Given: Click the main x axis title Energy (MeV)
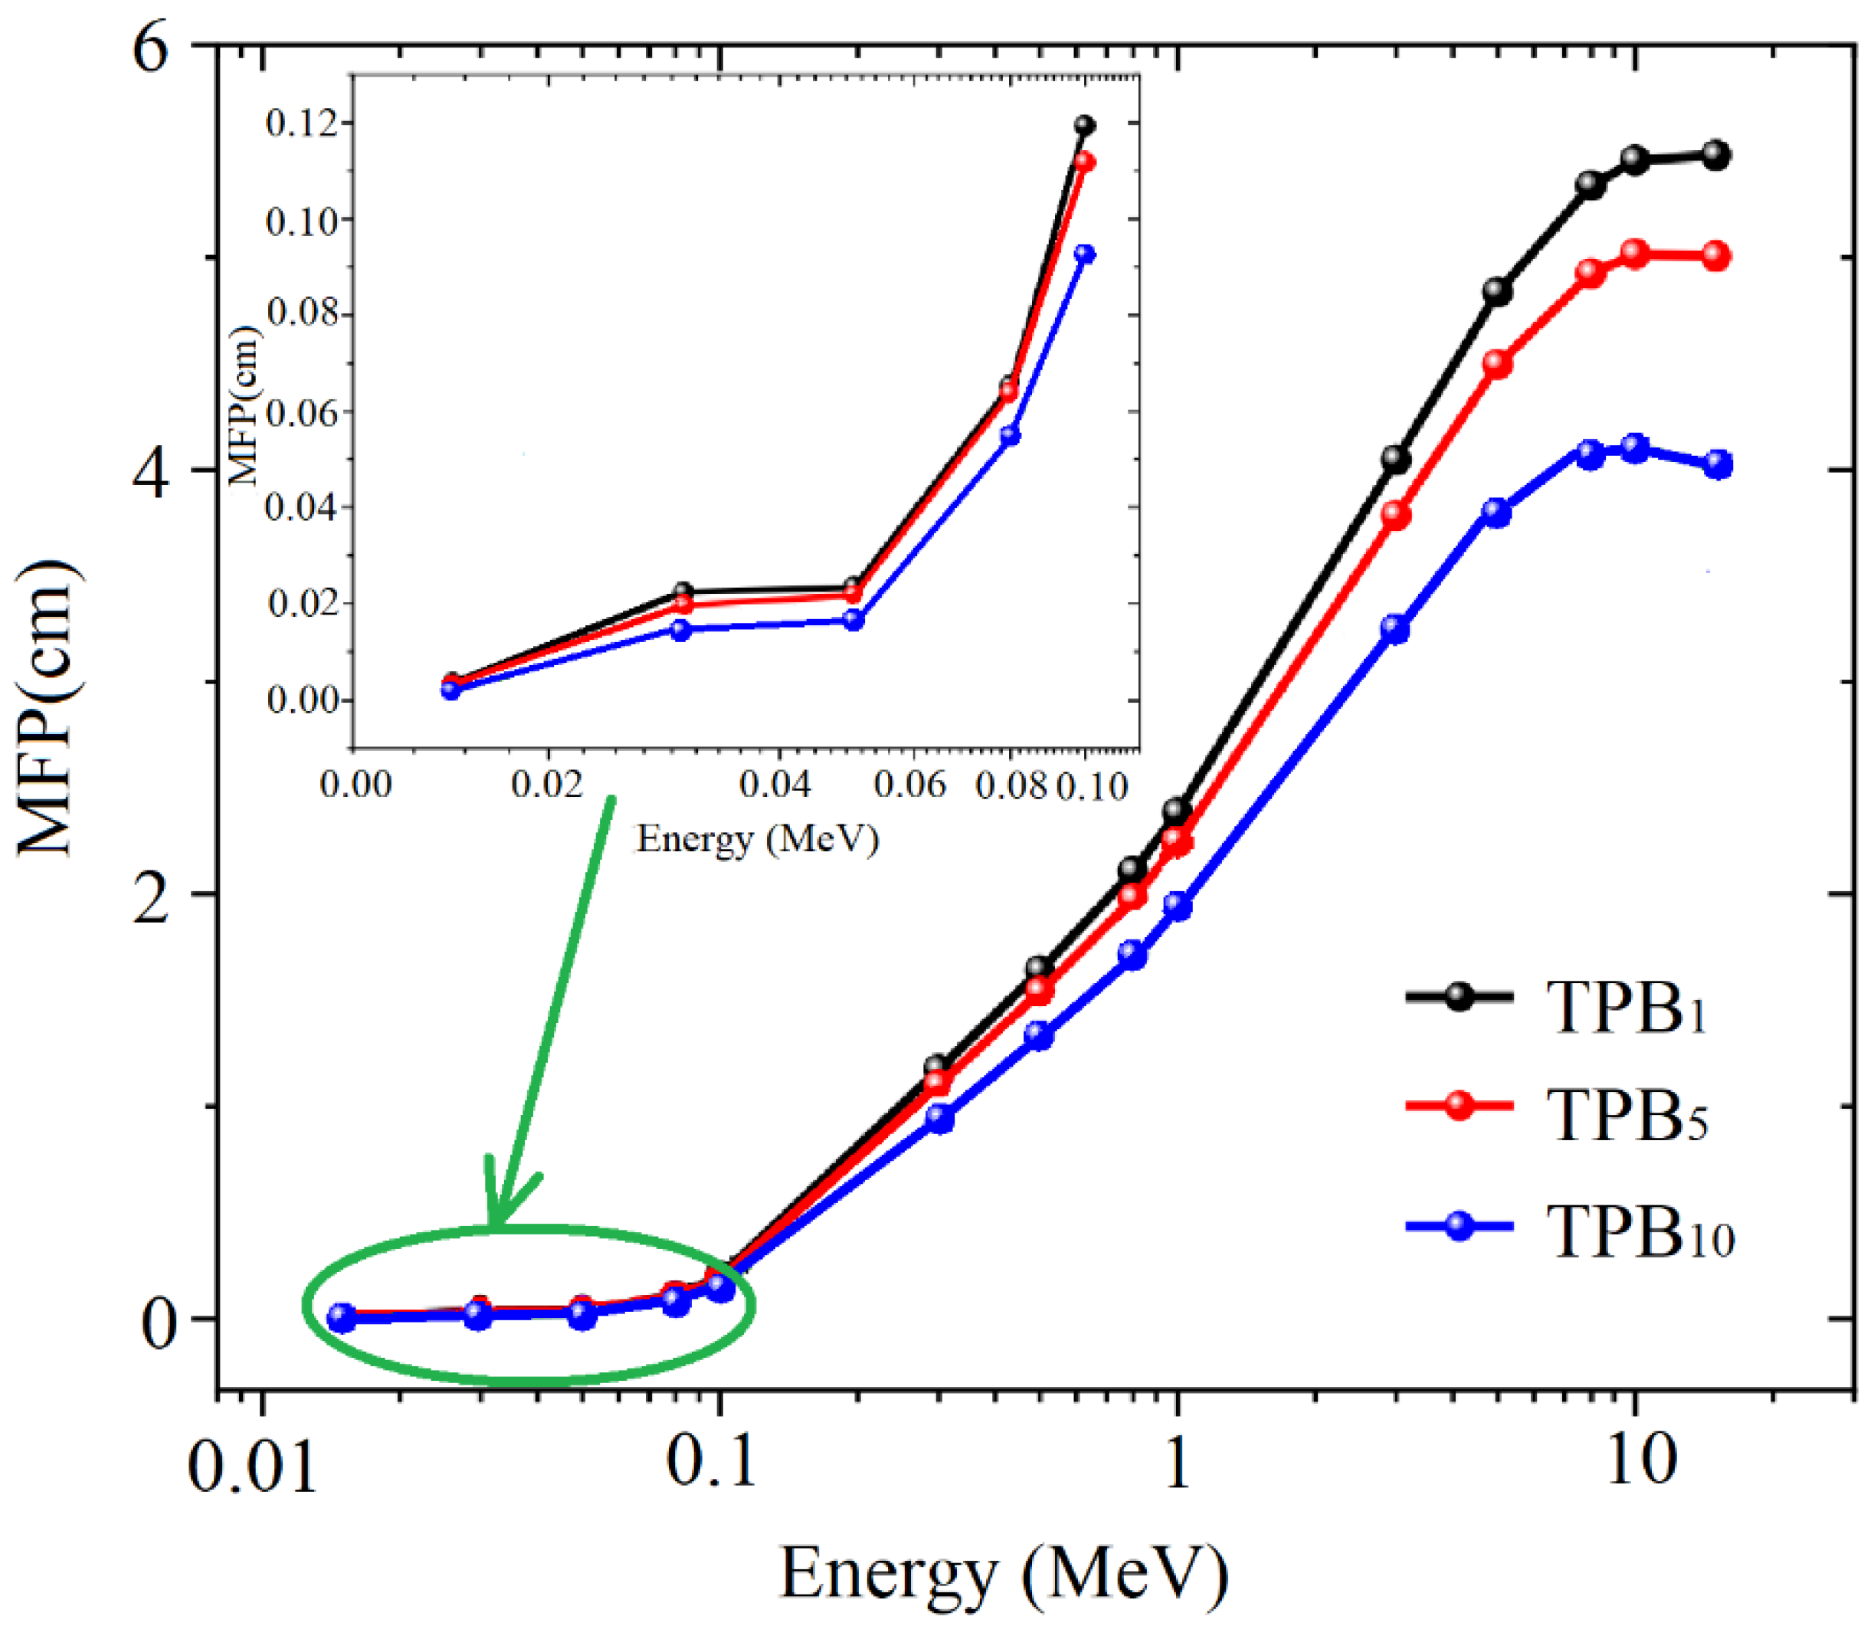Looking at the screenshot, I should [1003, 1575].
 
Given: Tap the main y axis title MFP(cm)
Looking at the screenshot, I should [49, 708].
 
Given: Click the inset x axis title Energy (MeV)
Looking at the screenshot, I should [758, 838].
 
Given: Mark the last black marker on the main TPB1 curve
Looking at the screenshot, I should [1715, 154].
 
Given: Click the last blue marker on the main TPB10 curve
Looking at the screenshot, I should [1717, 464].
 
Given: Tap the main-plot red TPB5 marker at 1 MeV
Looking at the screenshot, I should [1178, 841].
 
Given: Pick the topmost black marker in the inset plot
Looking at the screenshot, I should [1085, 125].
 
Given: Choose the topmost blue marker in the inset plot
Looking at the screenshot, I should [1085, 254].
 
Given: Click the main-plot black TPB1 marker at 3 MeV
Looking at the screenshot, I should [1397, 459].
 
